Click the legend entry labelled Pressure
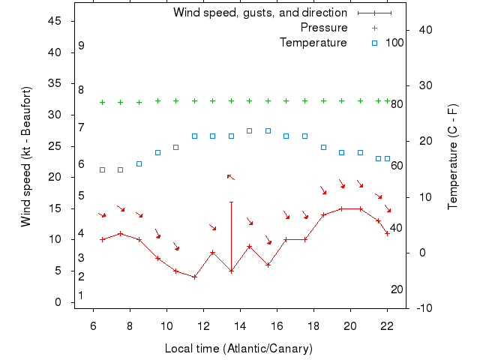pyautogui.click(x=324, y=28)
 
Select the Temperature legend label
pyautogui.click(x=313, y=43)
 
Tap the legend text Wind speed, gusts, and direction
pyautogui.click(x=260, y=13)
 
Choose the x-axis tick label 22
pyautogui.click(x=387, y=326)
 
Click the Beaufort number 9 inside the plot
pyautogui.click(x=81, y=46)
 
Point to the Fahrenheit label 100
pyautogui.click(x=394, y=43)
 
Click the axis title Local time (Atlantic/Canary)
pyautogui.click(x=238, y=349)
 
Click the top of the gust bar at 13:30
pyautogui.click(x=231, y=202)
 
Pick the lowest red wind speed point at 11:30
pyautogui.click(x=194, y=277)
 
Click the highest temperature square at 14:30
pyautogui.click(x=250, y=130)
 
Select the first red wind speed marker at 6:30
pyautogui.click(x=102, y=239)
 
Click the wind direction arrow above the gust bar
pyautogui.click(x=231, y=177)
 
